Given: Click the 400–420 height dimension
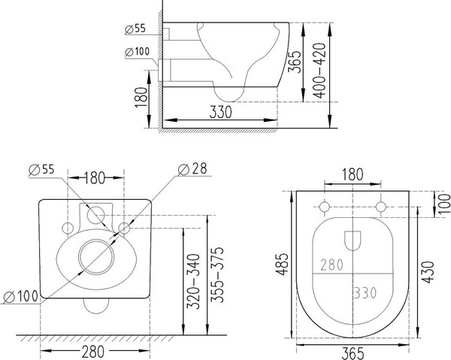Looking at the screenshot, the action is [320, 71].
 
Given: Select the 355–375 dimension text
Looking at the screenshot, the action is [217, 275].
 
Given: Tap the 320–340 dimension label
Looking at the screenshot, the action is [193, 281].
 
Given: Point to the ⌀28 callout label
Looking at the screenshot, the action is [192, 169].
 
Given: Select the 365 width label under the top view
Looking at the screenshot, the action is [353, 353].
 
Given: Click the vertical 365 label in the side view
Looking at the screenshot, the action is [295, 62].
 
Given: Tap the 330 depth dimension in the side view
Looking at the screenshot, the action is [220, 112].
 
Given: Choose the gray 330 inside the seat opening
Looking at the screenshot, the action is [365, 293].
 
